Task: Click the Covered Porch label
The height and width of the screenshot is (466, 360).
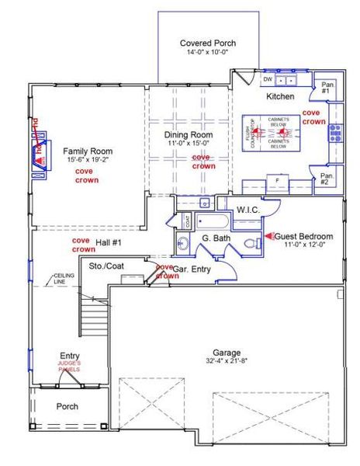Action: tap(207, 43)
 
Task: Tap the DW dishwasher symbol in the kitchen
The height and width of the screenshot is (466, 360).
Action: tap(268, 79)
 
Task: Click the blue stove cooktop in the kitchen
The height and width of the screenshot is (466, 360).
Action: tap(335, 134)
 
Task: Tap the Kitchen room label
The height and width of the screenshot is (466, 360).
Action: tap(279, 96)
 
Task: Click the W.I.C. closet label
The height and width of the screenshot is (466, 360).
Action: tap(247, 210)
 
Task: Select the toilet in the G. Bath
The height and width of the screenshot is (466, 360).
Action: tap(251, 244)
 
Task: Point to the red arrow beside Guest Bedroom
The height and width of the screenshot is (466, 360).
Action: tap(269, 235)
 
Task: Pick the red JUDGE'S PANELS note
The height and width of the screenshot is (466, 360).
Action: tap(69, 367)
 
